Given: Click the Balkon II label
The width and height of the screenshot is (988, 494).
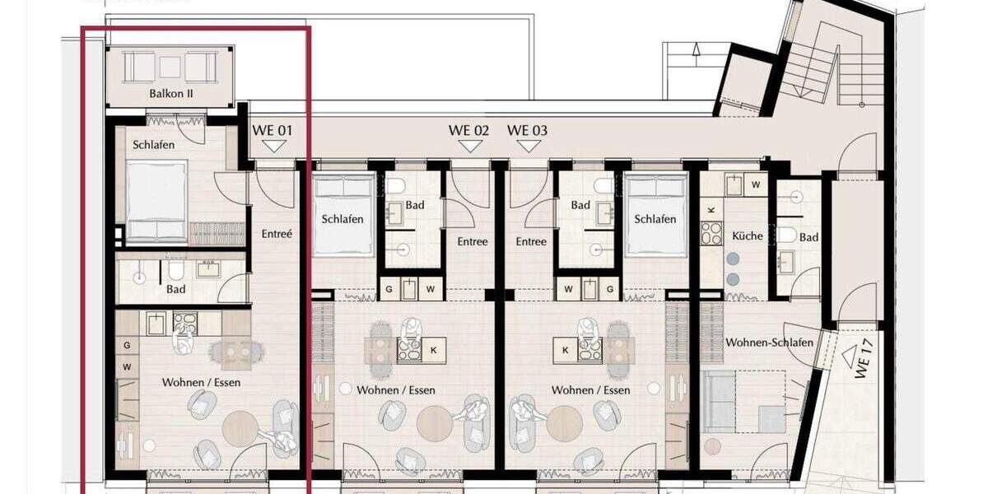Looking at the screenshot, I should (x=171, y=93).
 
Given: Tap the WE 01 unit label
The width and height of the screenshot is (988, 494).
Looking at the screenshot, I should (x=272, y=130).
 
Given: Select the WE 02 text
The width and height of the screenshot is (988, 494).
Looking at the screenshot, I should (x=468, y=130).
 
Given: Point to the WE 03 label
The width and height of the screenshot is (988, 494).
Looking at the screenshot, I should (x=527, y=130).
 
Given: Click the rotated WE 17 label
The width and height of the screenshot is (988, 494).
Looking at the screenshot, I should (x=862, y=362).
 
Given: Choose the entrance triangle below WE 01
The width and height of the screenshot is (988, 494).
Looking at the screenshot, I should (x=273, y=147).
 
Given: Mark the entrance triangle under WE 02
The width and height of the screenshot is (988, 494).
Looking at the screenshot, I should (x=469, y=147).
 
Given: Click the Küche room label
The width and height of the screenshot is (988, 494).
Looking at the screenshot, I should (x=748, y=236).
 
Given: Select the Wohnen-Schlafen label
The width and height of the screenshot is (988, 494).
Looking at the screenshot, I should (x=769, y=343).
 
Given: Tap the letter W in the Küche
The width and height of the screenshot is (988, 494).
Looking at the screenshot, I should (x=756, y=185).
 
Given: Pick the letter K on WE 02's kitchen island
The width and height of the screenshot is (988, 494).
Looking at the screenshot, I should (x=434, y=350).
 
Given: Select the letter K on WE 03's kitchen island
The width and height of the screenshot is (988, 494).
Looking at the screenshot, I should (x=565, y=350).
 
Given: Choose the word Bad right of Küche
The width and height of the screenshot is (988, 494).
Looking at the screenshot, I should (x=809, y=237).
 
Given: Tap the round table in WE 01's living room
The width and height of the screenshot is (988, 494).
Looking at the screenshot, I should (x=240, y=428).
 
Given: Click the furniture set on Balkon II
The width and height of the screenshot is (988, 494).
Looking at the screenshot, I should (x=171, y=66).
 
